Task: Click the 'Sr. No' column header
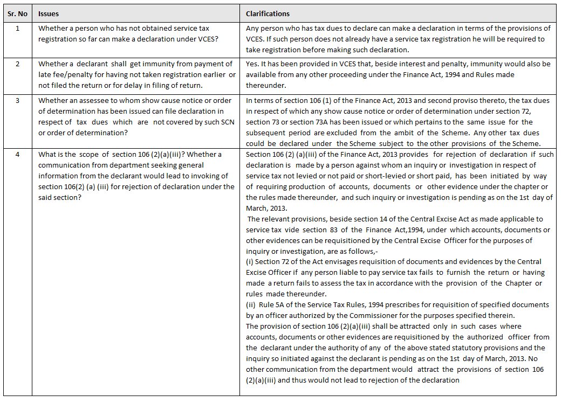click(17, 13)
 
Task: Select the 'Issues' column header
click(49, 13)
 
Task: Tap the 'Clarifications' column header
click(268, 13)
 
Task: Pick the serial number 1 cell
click(17, 28)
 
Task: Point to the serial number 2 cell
click(17, 64)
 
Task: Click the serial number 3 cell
click(17, 100)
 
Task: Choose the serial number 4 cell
click(17, 154)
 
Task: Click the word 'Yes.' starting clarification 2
click(252, 64)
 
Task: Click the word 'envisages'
click(323, 261)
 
